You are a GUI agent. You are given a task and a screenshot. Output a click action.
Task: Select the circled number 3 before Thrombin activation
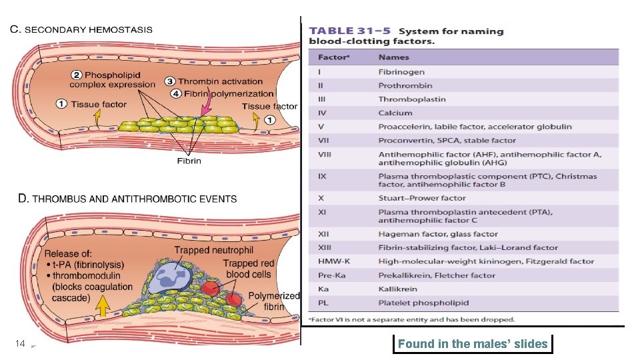pos(170,81)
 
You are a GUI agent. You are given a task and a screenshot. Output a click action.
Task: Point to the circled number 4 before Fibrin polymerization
pos(175,93)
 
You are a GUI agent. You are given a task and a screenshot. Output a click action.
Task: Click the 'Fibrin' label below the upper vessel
pos(189,161)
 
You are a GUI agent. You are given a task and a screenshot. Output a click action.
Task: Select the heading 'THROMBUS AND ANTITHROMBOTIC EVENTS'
pos(133,199)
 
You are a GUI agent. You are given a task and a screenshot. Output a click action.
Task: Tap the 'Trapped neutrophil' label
pos(214,250)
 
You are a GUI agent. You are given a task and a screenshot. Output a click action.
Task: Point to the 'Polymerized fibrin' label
pos(273,301)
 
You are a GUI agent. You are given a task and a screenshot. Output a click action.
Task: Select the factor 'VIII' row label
pos(325,154)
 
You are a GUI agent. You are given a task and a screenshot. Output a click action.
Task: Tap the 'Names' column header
pos(393,57)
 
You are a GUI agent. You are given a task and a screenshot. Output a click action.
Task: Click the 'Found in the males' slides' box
pos(473,344)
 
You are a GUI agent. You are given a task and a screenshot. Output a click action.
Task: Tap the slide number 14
pos(20,344)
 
